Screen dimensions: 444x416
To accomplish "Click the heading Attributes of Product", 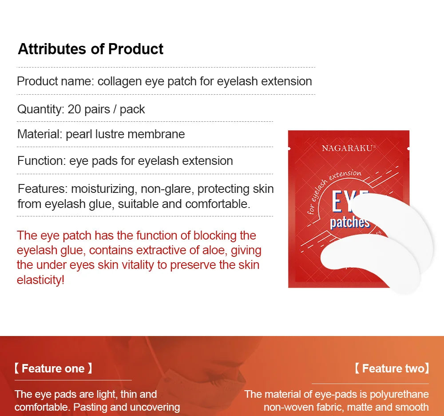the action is click(x=91, y=49).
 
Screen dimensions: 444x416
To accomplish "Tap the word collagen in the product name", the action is click(x=119, y=82).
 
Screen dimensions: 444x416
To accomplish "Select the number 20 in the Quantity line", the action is click(x=74, y=109).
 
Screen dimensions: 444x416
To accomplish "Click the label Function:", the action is click(x=42, y=161).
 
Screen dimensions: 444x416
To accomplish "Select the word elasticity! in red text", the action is click(x=40, y=280).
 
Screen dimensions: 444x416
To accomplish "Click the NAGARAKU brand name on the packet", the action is click(x=348, y=148).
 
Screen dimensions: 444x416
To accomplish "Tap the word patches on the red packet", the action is click(x=350, y=223).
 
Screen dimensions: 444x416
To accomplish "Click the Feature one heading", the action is click(x=53, y=368).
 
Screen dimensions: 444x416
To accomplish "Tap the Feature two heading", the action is click(x=392, y=368).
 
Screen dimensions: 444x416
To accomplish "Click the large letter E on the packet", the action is click(x=337, y=201).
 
